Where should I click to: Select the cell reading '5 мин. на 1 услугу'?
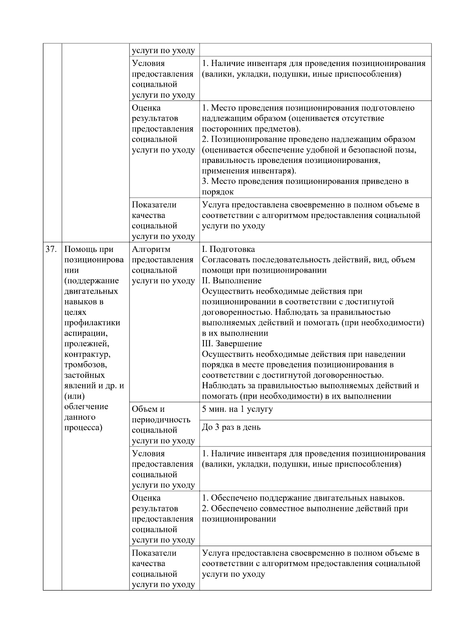tap(237, 409)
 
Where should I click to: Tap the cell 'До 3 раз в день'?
tap(231, 428)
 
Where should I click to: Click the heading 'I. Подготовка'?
tap(228, 249)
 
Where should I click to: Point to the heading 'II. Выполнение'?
tap(231, 281)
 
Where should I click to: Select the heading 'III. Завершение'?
tap(232, 344)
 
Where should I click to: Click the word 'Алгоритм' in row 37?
tap(151, 249)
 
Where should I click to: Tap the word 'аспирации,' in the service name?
tap(86, 333)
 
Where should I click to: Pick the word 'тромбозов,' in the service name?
tap(86, 365)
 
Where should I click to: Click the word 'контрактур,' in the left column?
tap(87, 355)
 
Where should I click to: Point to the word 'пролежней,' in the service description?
tap(86, 344)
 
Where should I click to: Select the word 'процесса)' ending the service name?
tap(83, 428)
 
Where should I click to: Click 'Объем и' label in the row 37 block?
tap(148, 409)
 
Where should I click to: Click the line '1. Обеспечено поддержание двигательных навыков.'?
tap(303, 498)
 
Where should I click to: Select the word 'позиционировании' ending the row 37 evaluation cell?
tap(239, 519)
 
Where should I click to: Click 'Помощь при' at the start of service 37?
tap(89, 249)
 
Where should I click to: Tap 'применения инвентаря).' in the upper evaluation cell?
tap(249, 171)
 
